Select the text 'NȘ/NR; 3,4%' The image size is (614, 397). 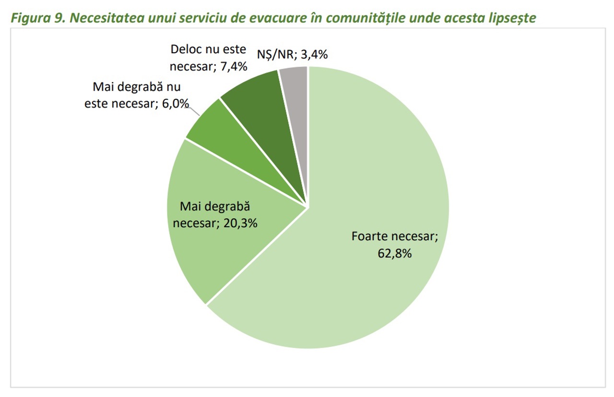pos(292,55)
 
